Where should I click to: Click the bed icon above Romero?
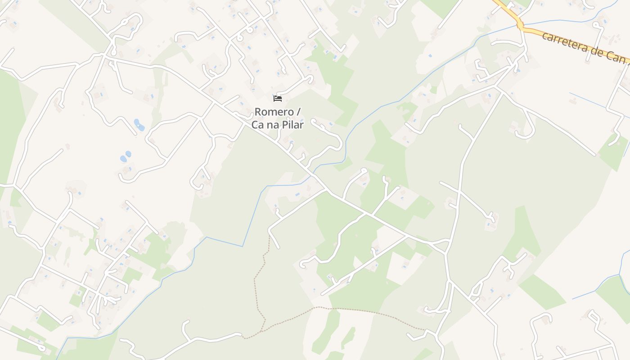(278, 98)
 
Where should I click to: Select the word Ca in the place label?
(258, 125)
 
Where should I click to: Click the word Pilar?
(293, 125)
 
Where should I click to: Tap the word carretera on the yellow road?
(562, 42)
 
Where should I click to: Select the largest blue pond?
(139, 124)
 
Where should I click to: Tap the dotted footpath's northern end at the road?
(270, 235)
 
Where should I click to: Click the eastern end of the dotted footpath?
(425, 330)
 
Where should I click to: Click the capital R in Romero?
(258, 112)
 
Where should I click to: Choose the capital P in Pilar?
(285, 125)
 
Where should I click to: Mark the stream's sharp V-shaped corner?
(243, 246)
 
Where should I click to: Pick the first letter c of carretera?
(544, 36)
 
